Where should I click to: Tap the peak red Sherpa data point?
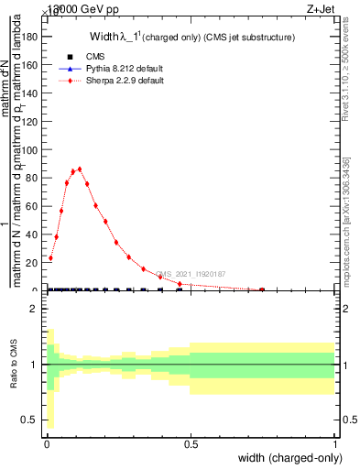click(x=80, y=169)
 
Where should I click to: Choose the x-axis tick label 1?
click(x=335, y=444)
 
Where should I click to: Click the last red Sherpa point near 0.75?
click(x=262, y=289)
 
